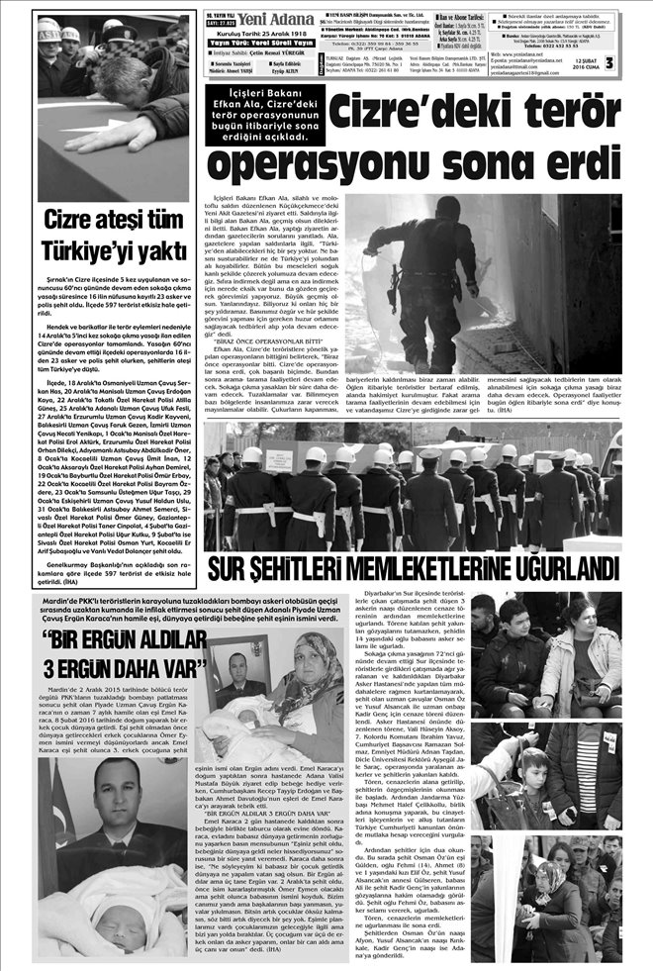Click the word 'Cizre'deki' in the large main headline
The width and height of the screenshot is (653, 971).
pyautogui.click(x=412, y=114)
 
